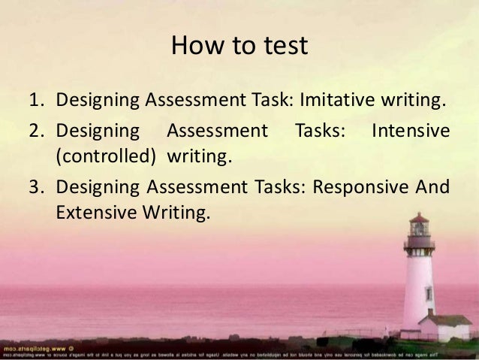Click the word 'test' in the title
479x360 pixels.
(283, 47)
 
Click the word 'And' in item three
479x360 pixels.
(435, 188)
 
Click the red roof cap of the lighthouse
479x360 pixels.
(419, 219)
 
